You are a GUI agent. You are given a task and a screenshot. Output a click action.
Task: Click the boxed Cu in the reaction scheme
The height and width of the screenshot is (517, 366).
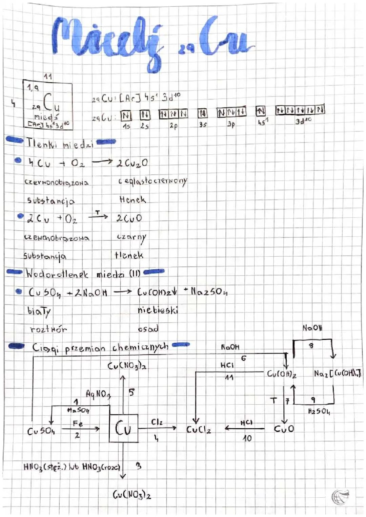pos(123,428)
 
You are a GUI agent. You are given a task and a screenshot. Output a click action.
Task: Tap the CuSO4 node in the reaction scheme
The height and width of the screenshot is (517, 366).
pos(41,431)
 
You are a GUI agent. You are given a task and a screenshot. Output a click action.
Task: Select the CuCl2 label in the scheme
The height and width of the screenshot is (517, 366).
pos(199,429)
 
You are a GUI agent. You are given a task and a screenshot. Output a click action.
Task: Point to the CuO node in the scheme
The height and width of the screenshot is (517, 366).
pos(284,429)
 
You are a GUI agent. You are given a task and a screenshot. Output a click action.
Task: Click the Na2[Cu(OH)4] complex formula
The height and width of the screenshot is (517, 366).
pos(337,373)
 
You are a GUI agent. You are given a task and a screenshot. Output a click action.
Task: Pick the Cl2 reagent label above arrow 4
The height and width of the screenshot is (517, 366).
pos(157,422)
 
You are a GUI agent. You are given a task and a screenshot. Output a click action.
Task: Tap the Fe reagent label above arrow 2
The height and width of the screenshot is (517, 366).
pos(78,423)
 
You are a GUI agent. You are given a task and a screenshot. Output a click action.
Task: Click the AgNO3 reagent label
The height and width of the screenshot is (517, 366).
pos(98,394)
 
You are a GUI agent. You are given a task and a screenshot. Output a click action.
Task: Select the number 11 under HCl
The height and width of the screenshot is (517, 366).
pos(229,377)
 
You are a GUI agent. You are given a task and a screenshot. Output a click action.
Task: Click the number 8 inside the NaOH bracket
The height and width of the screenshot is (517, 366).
pos(311,346)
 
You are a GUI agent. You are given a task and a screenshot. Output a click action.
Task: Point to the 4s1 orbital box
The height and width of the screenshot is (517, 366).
pos(261,111)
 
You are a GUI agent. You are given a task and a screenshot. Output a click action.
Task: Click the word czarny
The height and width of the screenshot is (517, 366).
pos(131,237)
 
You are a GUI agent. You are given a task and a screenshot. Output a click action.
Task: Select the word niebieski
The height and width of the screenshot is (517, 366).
pos(158,310)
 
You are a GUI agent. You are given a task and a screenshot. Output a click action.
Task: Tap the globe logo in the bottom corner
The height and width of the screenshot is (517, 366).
pos(341,497)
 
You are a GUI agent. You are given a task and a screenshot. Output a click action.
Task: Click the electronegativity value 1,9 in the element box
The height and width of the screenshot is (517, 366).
pos(33,88)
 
